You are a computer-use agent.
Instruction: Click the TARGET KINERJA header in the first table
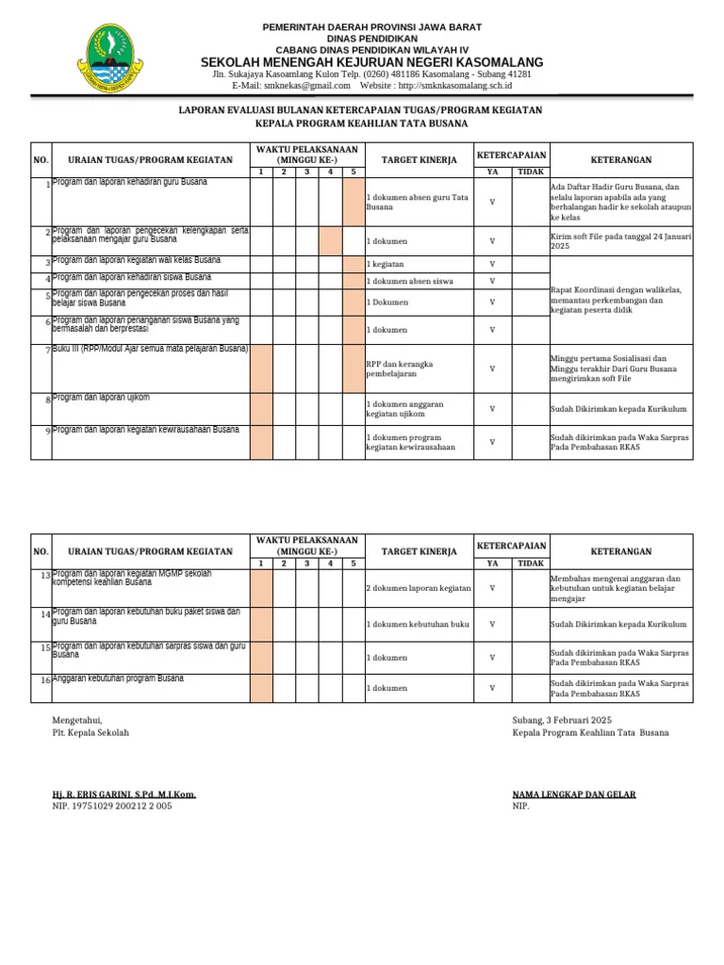pyautogui.click(x=405, y=160)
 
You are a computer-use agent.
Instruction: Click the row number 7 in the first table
pyautogui.click(x=46, y=351)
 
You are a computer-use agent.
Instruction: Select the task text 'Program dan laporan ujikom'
pyautogui.click(x=102, y=398)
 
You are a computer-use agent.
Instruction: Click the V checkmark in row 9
pyautogui.click(x=492, y=442)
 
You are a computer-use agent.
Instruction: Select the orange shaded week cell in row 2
pyautogui.click(x=330, y=241)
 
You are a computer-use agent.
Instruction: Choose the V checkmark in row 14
pyautogui.click(x=492, y=625)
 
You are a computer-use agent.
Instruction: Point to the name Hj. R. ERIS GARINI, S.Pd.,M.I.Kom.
pyautogui.click(x=124, y=794)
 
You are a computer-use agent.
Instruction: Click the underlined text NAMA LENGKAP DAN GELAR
pyautogui.click(x=573, y=794)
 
